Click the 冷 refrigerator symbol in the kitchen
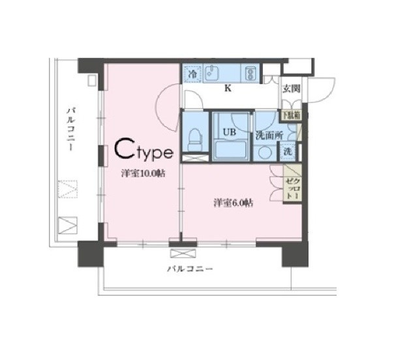192,74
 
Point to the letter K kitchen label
228,88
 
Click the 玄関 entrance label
291,89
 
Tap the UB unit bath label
229,132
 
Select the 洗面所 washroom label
267,136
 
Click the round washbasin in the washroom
264,153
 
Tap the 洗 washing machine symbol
288,151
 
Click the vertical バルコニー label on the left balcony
69,130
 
